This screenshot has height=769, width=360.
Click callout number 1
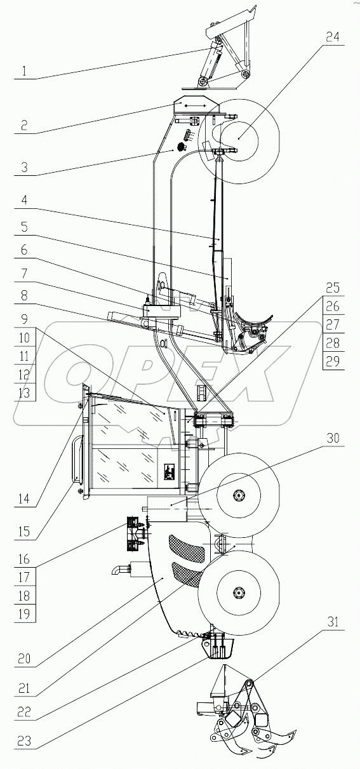[24, 72]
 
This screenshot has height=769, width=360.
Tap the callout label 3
[24, 169]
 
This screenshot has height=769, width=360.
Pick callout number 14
[24, 499]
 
